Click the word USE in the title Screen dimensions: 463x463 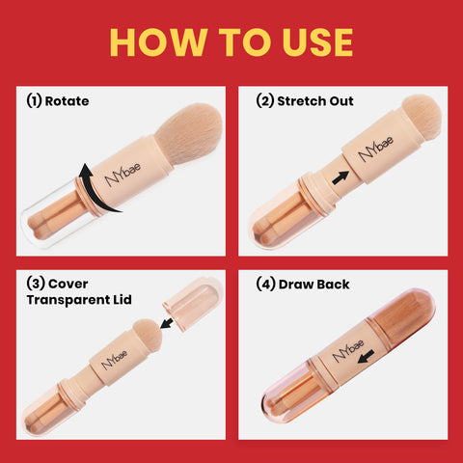click(311, 41)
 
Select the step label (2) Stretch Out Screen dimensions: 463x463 click(304, 99)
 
